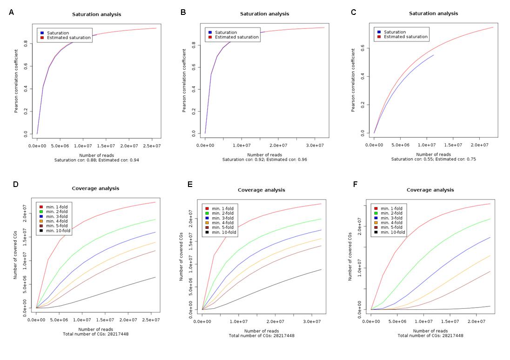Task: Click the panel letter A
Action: coord(11,13)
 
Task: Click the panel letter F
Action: coord(356,184)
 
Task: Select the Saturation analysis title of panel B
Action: coord(264,14)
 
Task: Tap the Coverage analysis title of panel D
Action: coord(95,188)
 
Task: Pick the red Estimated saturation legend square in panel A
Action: coord(42,38)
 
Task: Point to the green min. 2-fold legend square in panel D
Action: coord(41,212)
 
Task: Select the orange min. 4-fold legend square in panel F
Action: coord(376,223)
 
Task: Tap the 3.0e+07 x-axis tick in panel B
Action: coord(315,146)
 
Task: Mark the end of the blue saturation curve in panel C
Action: coord(434,55)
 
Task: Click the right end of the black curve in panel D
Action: coord(155,277)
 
